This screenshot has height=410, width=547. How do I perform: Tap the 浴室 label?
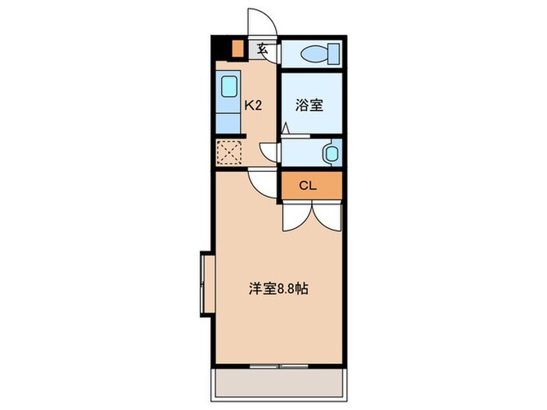pyautogui.click(x=309, y=105)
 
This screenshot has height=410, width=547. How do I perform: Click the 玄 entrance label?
pyautogui.click(x=263, y=49)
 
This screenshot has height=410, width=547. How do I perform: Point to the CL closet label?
pyautogui.click(x=309, y=186)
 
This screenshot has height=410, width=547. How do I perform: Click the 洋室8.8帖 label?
pyautogui.click(x=277, y=288)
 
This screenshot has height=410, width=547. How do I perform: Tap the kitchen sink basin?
pyautogui.click(x=230, y=85)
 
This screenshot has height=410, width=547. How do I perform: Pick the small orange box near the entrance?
pyautogui.click(x=238, y=48)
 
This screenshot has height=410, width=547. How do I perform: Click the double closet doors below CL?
pyautogui.click(x=311, y=215)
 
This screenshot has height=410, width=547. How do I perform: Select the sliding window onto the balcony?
pyautogui.click(x=279, y=365)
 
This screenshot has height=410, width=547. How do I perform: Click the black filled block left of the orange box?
pyautogui.click(x=221, y=48)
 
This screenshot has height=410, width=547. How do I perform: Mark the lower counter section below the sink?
pyautogui.click(x=230, y=120)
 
